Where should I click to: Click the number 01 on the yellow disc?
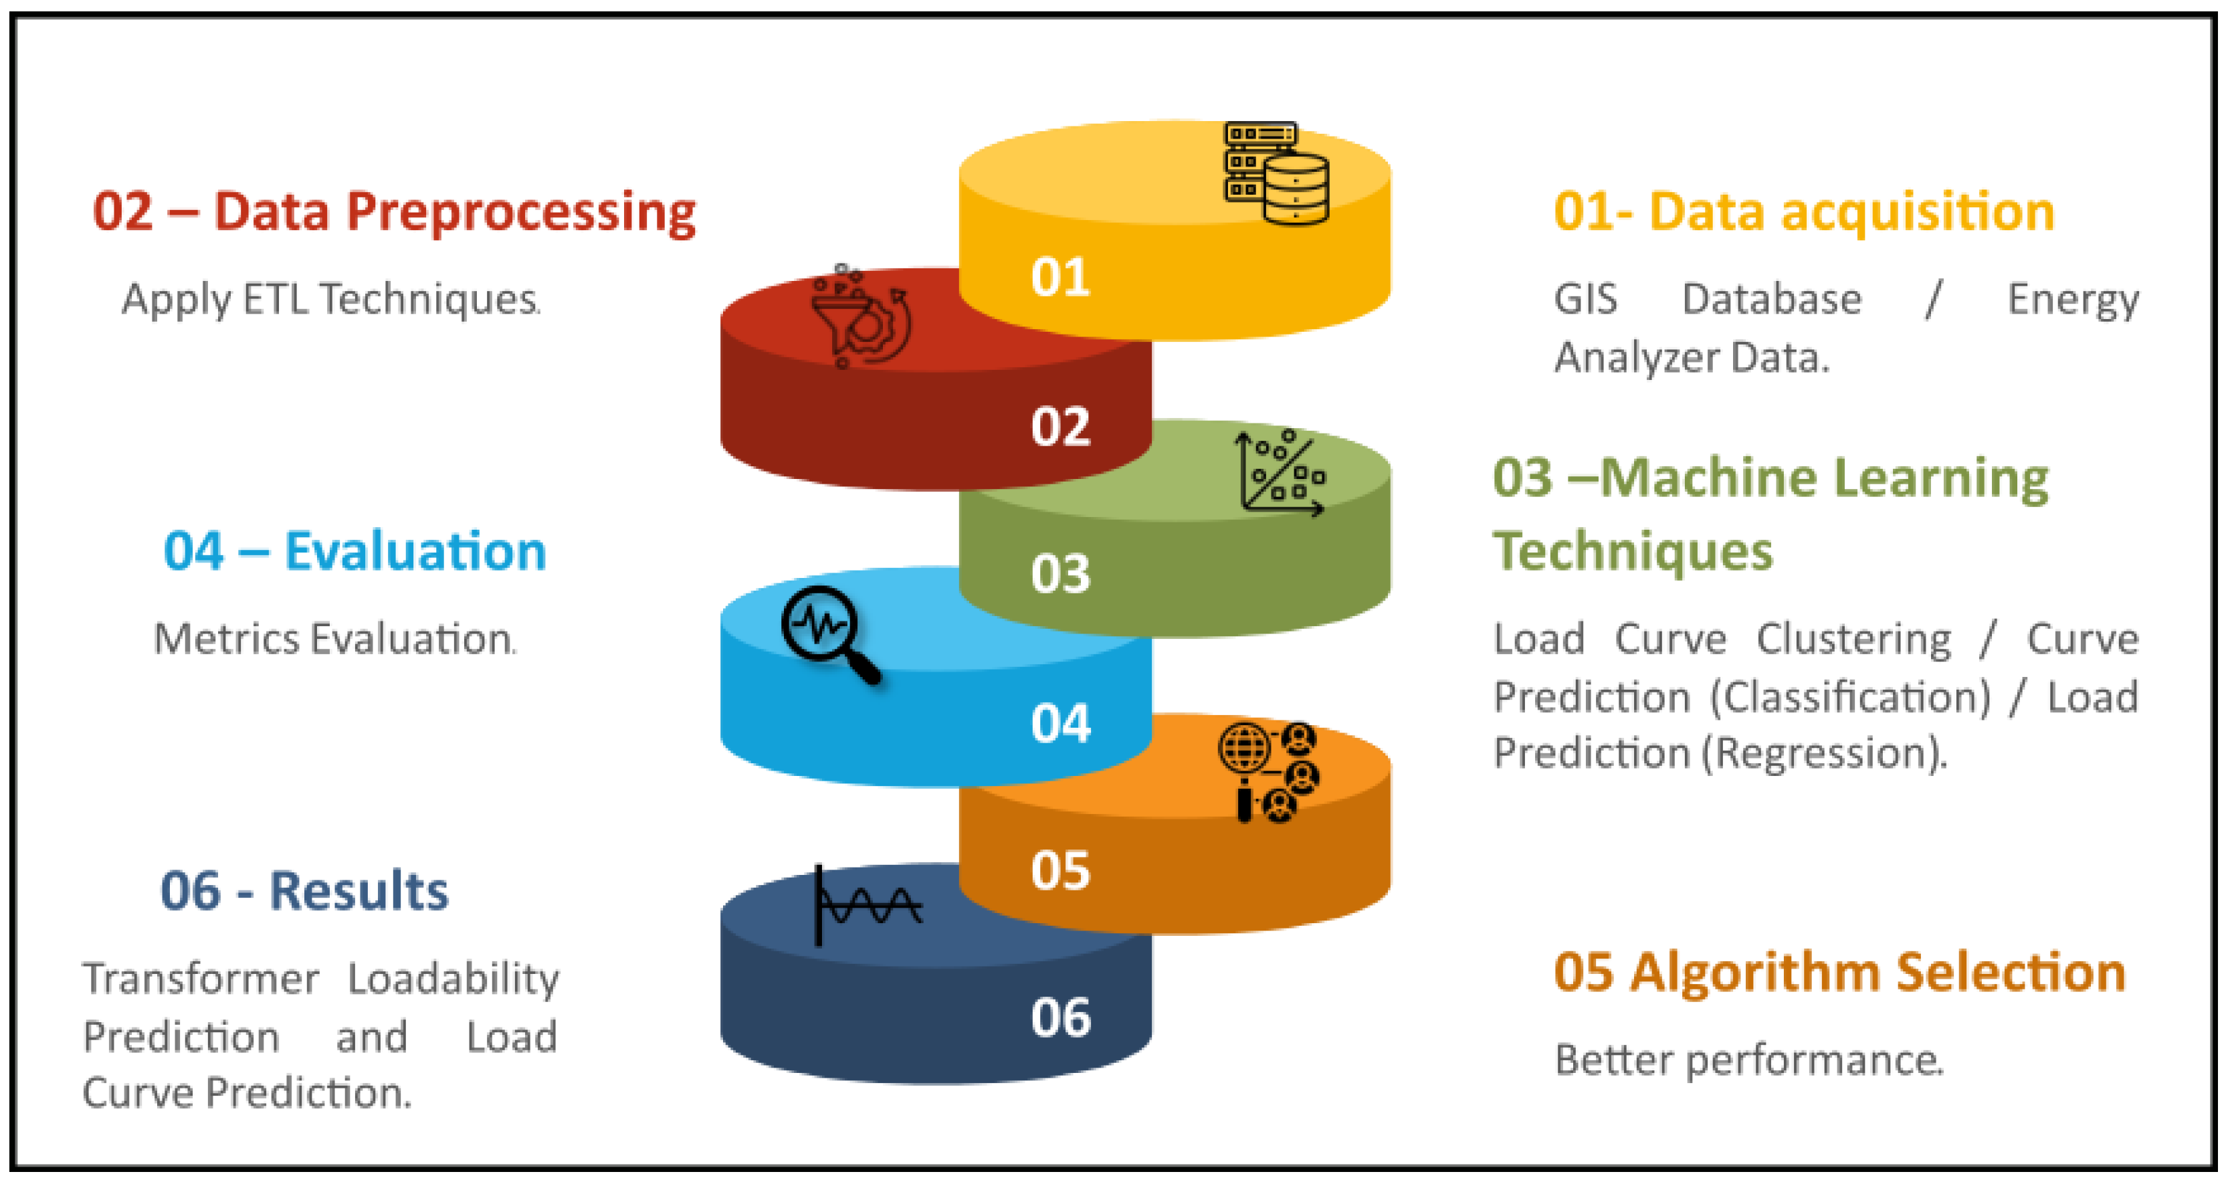[x=1060, y=277]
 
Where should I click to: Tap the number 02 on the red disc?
[x=1060, y=427]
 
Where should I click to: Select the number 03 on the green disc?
[x=1060, y=573]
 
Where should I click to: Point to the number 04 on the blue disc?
[x=1060, y=723]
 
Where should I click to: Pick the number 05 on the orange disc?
[x=1060, y=870]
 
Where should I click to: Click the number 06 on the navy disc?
[x=1060, y=1017]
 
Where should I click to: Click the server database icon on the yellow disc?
[x=1277, y=173]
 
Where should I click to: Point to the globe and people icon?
[x=1269, y=773]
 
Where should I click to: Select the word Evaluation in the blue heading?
[x=415, y=551]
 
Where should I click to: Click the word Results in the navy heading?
[x=359, y=890]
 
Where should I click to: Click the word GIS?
[x=1585, y=299]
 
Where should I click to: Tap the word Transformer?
[x=201, y=979]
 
